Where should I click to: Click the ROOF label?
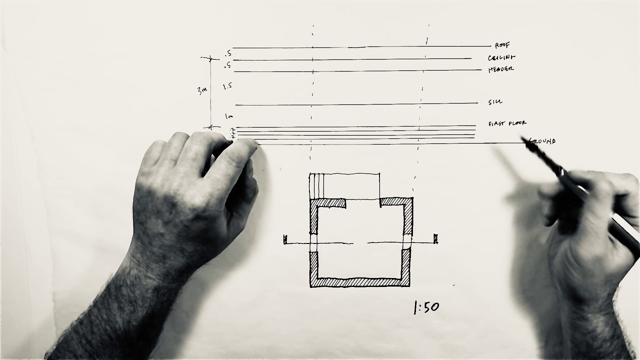click(x=502, y=45)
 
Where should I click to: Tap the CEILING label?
click(x=501, y=58)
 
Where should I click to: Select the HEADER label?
click(x=500, y=69)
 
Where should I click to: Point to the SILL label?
click(x=495, y=102)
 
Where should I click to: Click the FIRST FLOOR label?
click(x=507, y=123)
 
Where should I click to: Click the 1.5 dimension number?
click(x=227, y=86)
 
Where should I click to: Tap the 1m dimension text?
click(x=229, y=116)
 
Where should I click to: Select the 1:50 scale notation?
click(x=426, y=307)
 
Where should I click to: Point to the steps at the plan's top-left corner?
click(x=317, y=185)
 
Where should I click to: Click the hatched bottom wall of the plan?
click(x=360, y=282)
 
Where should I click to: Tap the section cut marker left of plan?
click(x=285, y=240)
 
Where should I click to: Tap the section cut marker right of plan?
click(x=435, y=239)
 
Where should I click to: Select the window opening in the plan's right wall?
click(x=407, y=241)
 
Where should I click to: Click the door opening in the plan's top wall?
click(x=363, y=202)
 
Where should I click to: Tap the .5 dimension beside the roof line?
click(x=228, y=53)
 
